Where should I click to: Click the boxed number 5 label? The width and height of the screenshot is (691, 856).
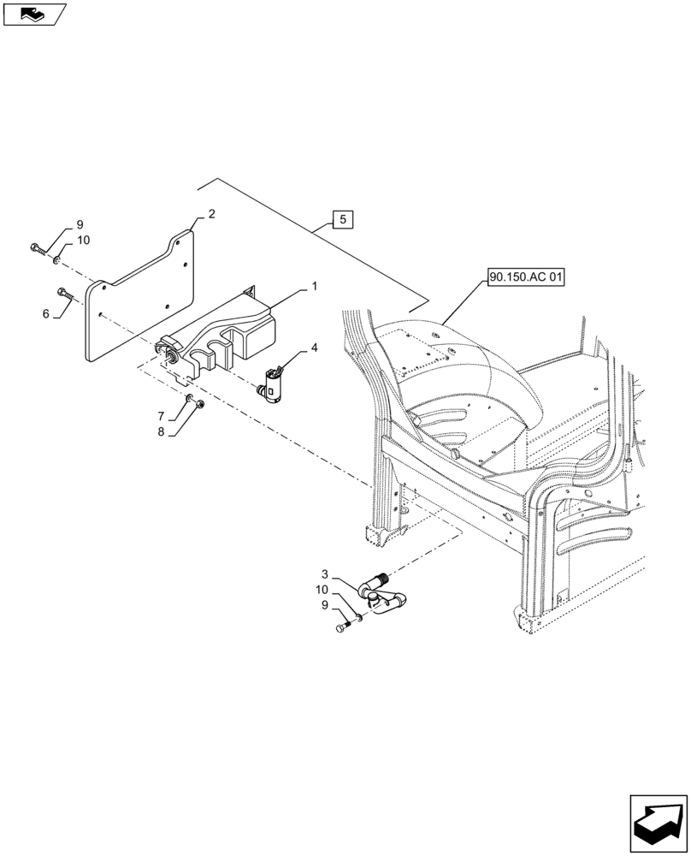[342, 220]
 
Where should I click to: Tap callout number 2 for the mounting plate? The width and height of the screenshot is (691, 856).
[210, 214]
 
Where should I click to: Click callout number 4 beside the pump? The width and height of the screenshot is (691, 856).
[314, 348]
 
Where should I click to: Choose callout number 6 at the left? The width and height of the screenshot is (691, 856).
[45, 314]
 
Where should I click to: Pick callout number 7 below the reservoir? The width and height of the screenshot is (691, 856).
[160, 416]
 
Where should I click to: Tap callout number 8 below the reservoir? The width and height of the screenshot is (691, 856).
[160, 433]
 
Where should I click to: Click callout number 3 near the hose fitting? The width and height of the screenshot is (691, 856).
[325, 573]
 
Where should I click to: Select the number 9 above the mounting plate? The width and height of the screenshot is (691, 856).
[80, 224]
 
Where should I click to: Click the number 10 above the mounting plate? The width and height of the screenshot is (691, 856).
[83, 241]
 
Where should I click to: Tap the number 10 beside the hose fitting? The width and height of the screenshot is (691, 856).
[321, 590]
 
